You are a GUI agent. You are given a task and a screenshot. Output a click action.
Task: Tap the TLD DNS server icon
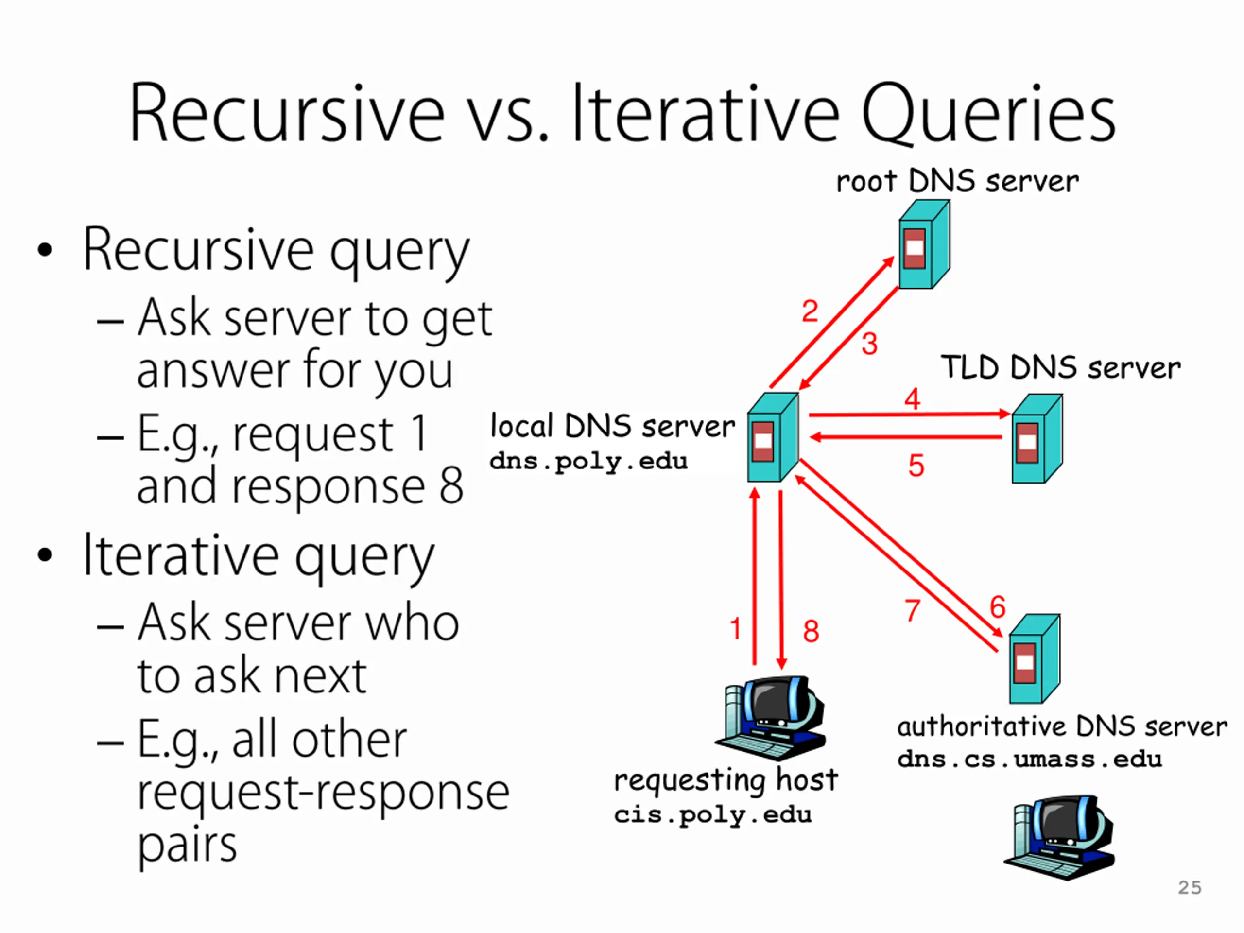(x=1037, y=438)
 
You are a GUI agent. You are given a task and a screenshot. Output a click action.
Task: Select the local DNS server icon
(x=773, y=437)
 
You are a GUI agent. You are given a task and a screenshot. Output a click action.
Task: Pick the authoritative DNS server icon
(x=1035, y=658)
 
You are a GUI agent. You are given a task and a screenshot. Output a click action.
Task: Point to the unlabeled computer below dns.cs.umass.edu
(x=1059, y=837)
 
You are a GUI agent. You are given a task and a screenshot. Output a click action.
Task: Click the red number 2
(x=810, y=311)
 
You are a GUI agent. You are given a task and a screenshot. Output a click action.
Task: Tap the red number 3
(x=869, y=344)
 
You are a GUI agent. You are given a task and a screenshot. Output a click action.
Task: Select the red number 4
(x=912, y=399)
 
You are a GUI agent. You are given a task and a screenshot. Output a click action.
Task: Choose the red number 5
(x=916, y=466)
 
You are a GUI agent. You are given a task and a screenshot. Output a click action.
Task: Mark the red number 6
(x=998, y=607)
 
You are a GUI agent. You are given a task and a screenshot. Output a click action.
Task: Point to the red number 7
(x=913, y=611)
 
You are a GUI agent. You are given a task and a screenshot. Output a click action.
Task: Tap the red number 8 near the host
(x=811, y=631)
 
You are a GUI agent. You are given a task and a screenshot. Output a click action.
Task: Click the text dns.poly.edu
(x=589, y=462)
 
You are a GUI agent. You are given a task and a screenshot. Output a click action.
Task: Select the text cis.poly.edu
(x=713, y=815)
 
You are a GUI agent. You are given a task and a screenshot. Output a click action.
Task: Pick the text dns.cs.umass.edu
(x=1030, y=759)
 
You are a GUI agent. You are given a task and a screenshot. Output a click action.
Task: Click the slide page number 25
(x=1190, y=887)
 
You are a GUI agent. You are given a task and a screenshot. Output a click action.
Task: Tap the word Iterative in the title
(x=706, y=112)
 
